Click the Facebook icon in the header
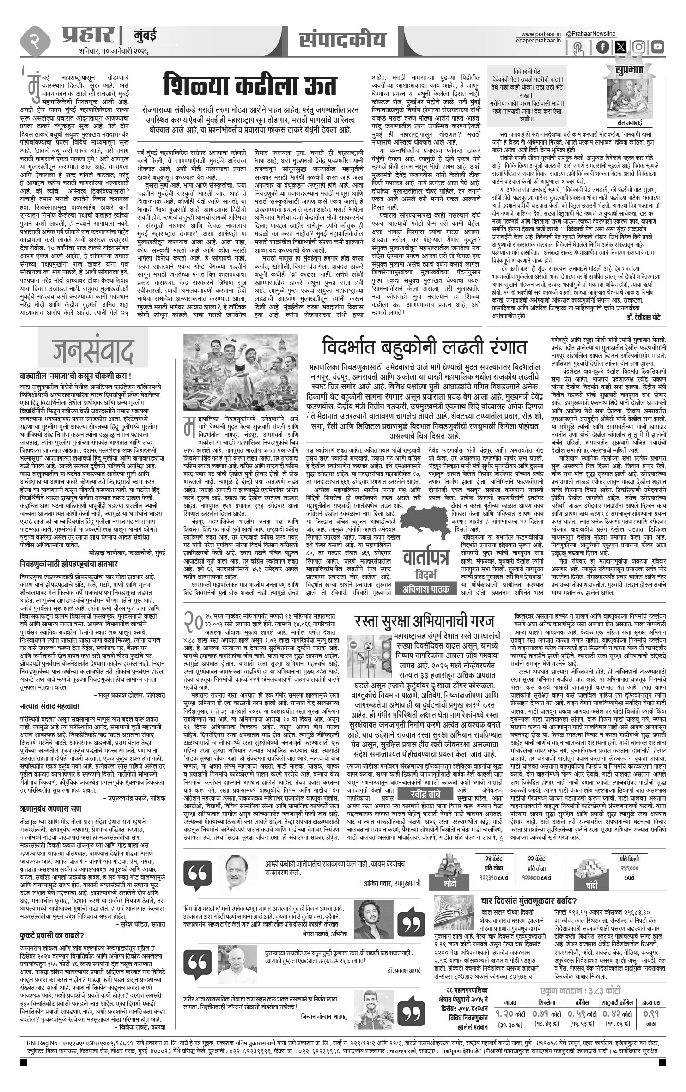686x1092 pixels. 602,47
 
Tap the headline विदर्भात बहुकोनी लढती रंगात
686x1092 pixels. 424,346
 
